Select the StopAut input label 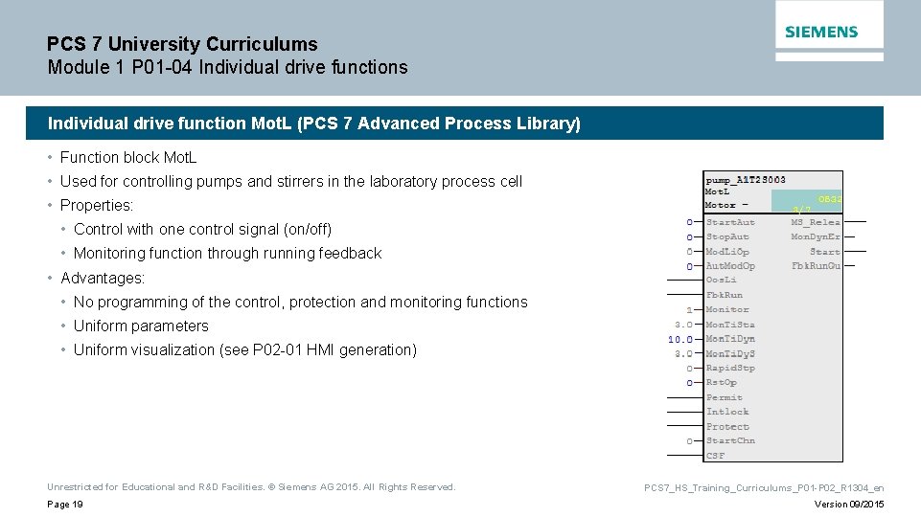coord(727,236)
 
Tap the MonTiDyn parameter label coord(730,339)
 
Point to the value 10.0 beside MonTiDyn coord(680,339)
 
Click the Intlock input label coord(727,412)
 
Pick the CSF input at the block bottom coord(716,456)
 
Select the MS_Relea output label coord(815,222)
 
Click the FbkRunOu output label coord(816,265)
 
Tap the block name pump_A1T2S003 coord(746,179)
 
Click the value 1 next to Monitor coord(688,310)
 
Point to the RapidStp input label coord(730,368)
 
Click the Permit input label coord(725,397)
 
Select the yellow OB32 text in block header coord(830,199)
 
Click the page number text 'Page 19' coord(65,505)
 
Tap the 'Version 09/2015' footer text coord(849,505)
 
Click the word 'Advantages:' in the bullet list coord(103,278)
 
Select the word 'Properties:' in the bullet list coord(97,205)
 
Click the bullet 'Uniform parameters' coord(141,326)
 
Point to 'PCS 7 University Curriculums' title coord(182,44)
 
